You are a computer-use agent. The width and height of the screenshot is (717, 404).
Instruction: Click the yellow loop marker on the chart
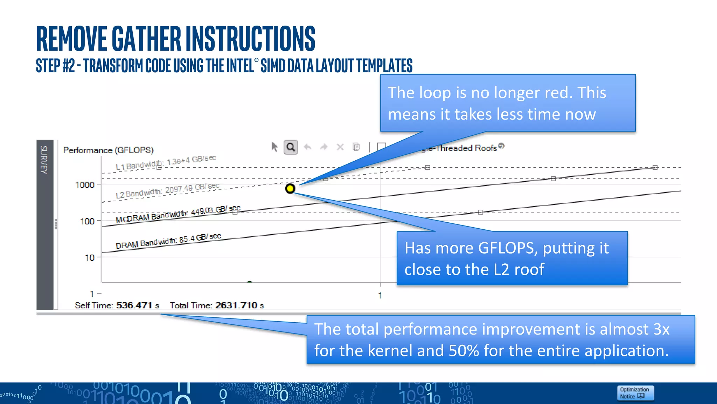coord(290,189)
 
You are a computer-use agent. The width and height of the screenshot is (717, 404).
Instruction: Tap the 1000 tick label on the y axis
coord(85,185)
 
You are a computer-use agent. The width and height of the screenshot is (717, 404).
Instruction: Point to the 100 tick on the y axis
coord(87,221)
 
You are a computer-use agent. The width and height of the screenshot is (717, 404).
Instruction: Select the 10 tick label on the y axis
coord(90,258)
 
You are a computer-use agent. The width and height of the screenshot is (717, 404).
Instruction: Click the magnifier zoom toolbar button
coord(291,147)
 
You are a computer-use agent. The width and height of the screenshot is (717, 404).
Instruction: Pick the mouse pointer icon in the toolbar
coord(274,147)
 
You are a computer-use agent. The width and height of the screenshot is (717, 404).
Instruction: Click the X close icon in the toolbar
coord(340,147)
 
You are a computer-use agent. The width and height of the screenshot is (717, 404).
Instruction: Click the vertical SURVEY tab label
coord(44,160)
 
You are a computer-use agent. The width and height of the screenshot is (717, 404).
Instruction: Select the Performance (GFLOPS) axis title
coord(108,150)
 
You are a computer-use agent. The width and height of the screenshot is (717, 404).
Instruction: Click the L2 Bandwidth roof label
coord(167,190)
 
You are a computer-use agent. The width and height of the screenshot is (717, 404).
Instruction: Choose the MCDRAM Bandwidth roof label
coord(178,214)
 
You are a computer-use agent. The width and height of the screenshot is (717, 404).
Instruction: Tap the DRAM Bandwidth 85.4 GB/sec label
coord(168,241)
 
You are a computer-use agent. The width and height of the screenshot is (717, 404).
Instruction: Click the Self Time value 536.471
coord(134,305)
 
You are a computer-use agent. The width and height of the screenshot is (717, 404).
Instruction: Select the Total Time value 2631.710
coord(236,305)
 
